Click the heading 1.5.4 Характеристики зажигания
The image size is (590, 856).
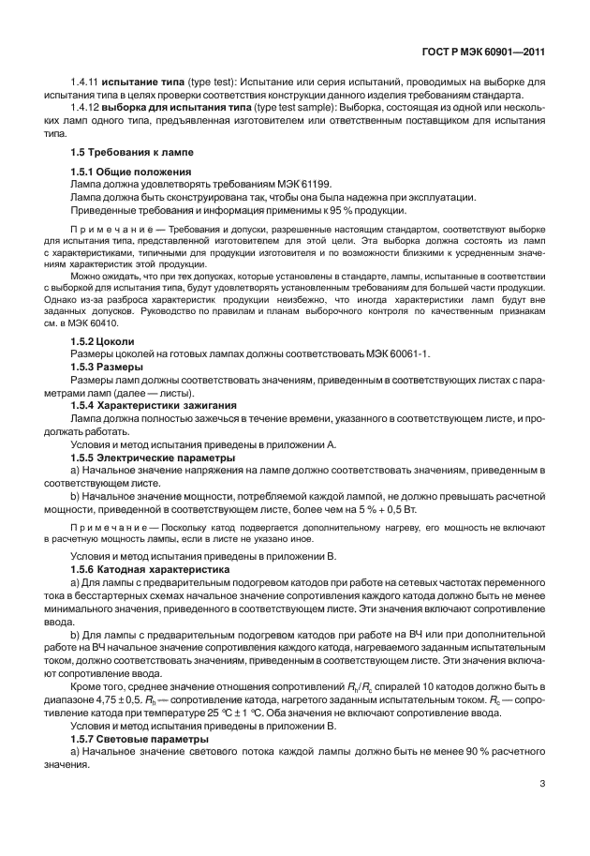click(x=154, y=405)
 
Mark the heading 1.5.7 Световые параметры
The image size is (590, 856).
click(x=139, y=740)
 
